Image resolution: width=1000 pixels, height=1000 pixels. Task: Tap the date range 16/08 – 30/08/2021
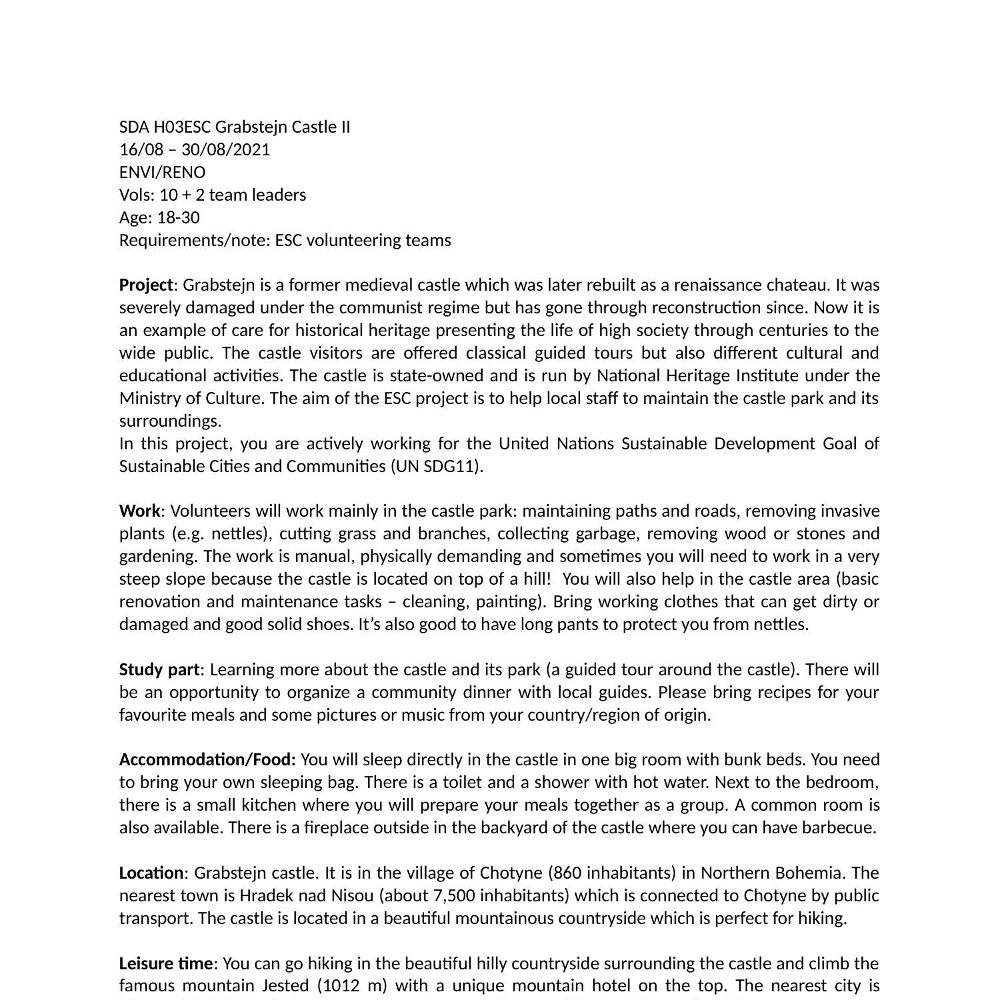pos(195,149)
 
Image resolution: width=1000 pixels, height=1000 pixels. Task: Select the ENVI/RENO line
pos(162,172)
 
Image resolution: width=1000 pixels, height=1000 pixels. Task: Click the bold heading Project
pos(146,285)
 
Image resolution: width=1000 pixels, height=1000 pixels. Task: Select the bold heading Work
pos(139,511)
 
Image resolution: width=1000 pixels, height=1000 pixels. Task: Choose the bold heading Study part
pos(159,669)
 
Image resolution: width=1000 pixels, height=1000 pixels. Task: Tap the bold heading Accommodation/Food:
pos(207,759)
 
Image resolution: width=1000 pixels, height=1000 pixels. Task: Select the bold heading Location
pos(151,873)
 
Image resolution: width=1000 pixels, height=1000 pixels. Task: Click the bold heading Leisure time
pos(165,963)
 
